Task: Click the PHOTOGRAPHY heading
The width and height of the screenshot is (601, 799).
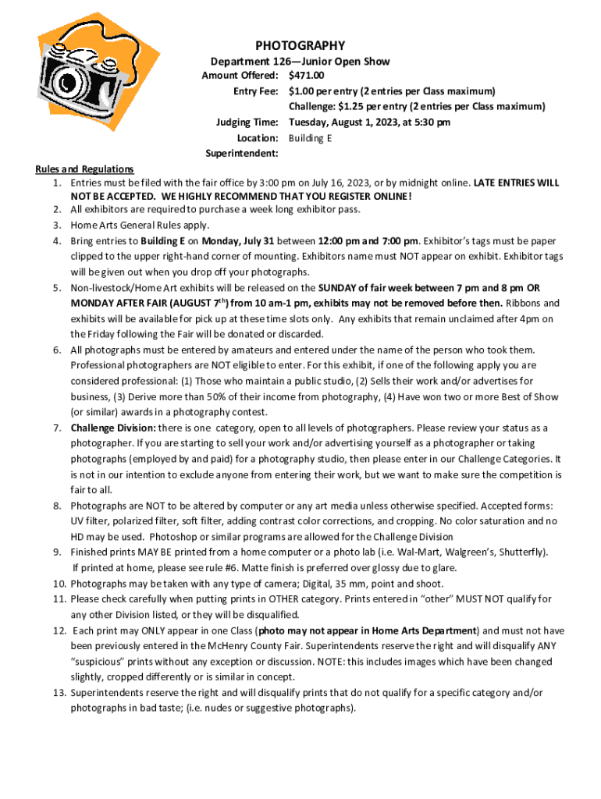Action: (x=300, y=45)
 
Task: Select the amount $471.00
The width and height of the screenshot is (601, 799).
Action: (x=306, y=76)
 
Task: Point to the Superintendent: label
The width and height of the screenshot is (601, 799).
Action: (x=241, y=153)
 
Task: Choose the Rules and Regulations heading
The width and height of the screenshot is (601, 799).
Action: (x=84, y=169)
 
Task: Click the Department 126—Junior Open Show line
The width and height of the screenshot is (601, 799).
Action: (x=300, y=61)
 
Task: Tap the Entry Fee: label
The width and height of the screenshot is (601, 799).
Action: (x=255, y=91)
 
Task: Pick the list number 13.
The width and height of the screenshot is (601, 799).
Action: (x=59, y=693)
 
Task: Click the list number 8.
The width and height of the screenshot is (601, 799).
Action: (x=58, y=506)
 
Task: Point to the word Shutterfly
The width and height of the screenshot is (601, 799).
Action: (x=523, y=552)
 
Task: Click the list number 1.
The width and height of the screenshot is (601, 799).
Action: (x=58, y=183)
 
